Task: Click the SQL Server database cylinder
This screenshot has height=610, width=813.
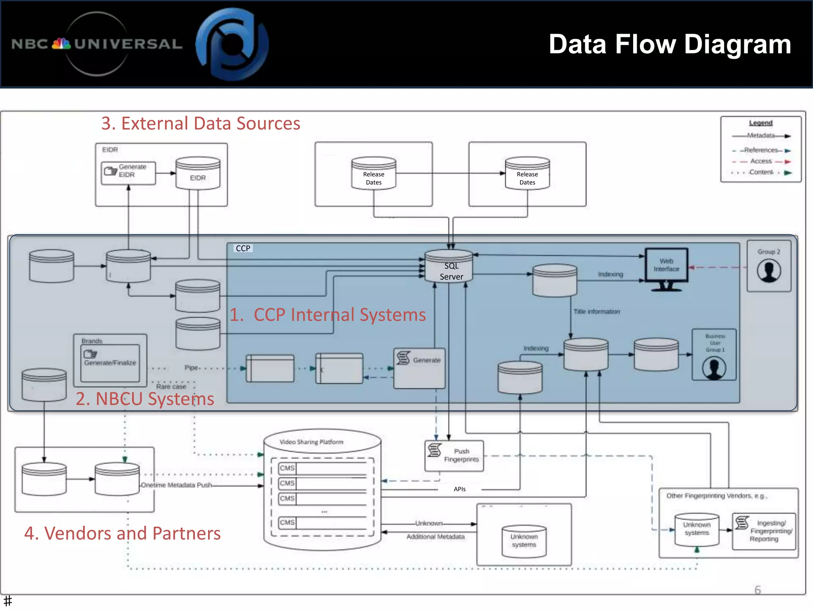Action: [x=449, y=266]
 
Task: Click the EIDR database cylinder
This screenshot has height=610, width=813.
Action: [x=198, y=174]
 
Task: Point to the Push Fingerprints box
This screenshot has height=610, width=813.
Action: [x=454, y=456]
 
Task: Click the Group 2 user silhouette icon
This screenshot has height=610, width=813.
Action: [x=769, y=271]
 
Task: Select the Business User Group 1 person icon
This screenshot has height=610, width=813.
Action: [x=714, y=368]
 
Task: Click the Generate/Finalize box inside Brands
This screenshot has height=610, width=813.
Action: [x=110, y=363]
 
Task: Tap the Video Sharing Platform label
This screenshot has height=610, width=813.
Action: [x=311, y=442]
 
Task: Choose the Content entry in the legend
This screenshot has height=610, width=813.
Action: [x=761, y=172]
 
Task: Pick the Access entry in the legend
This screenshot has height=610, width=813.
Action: [x=761, y=161]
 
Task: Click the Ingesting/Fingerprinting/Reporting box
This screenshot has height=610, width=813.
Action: [x=764, y=531]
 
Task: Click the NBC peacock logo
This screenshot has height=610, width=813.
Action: [x=62, y=44]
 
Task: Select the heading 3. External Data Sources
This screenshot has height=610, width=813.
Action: [x=200, y=124]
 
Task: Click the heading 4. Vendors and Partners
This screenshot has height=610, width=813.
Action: [x=122, y=533]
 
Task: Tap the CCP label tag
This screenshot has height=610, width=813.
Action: [x=243, y=249]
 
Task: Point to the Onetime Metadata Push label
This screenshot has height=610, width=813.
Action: [x=176, y=485]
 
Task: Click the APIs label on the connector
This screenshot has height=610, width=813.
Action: [x=460, y=489]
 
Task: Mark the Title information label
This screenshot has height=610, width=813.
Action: [x=596, y=312]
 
